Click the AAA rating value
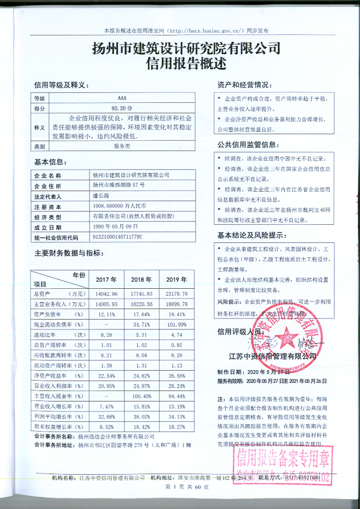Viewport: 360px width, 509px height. (x=121, y=99)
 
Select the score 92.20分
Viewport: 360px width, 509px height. (x=122, y=108)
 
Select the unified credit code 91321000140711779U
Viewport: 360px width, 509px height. (x=117, y=237)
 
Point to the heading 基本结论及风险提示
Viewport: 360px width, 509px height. (x=253, y=235)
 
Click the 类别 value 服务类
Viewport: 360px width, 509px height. (x=122, y=147)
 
